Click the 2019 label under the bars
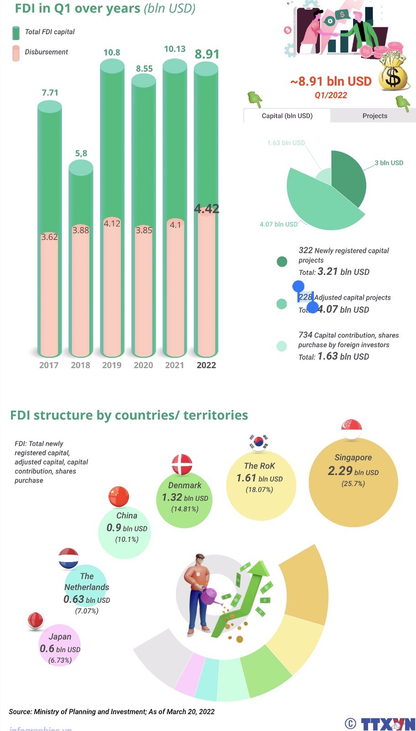112,365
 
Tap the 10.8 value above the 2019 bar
112,53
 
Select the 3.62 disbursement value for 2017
49,237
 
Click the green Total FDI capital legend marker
16,32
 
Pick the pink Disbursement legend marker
16,53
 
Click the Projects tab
374,116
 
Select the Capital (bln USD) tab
287,116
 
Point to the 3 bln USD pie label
389,163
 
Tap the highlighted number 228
306,297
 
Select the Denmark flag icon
182,465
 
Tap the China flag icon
119,497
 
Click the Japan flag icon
35,621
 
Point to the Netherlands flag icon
68,558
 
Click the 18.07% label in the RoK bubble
259,490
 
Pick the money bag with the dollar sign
392,73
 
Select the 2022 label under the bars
206,365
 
